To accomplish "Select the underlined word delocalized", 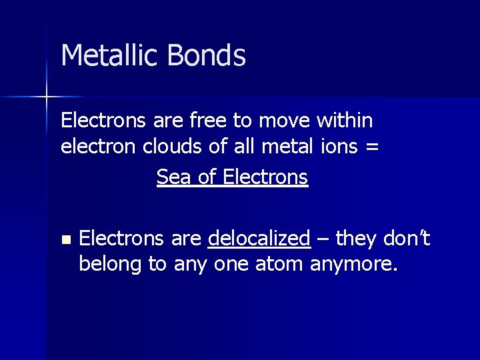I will [259, 238].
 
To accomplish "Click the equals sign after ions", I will [372, 147].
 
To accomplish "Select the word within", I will [345, 121].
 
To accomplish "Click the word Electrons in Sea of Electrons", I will [265, 177].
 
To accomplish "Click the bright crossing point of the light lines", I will [47, 97].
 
